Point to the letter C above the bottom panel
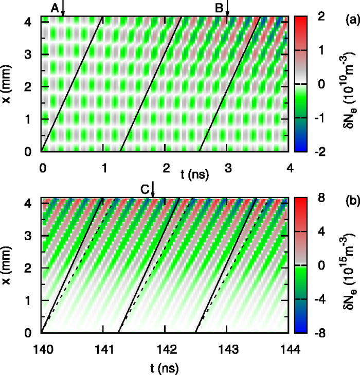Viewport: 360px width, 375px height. [x=145, y=189]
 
